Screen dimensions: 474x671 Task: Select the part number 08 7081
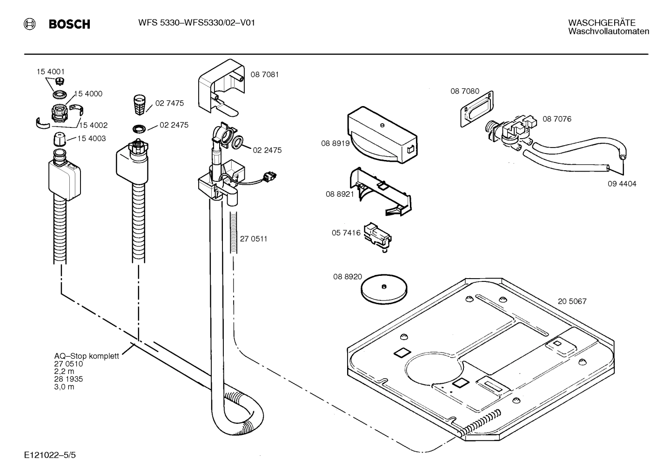click(x=265, y=74)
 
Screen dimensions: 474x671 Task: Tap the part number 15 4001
click(x=51, y=72)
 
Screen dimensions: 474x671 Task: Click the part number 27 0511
click(x=254, y=239)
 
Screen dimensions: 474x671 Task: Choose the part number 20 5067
click(x=572, y=301)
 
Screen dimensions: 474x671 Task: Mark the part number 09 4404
click(x=622, y=184)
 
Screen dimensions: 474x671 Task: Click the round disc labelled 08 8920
click(x=383, y=287)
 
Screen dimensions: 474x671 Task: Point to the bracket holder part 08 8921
click(x=379, y=191)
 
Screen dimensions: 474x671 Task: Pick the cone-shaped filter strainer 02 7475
click(x=139, y=105)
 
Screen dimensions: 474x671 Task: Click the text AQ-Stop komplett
click(x=87, y=356)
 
